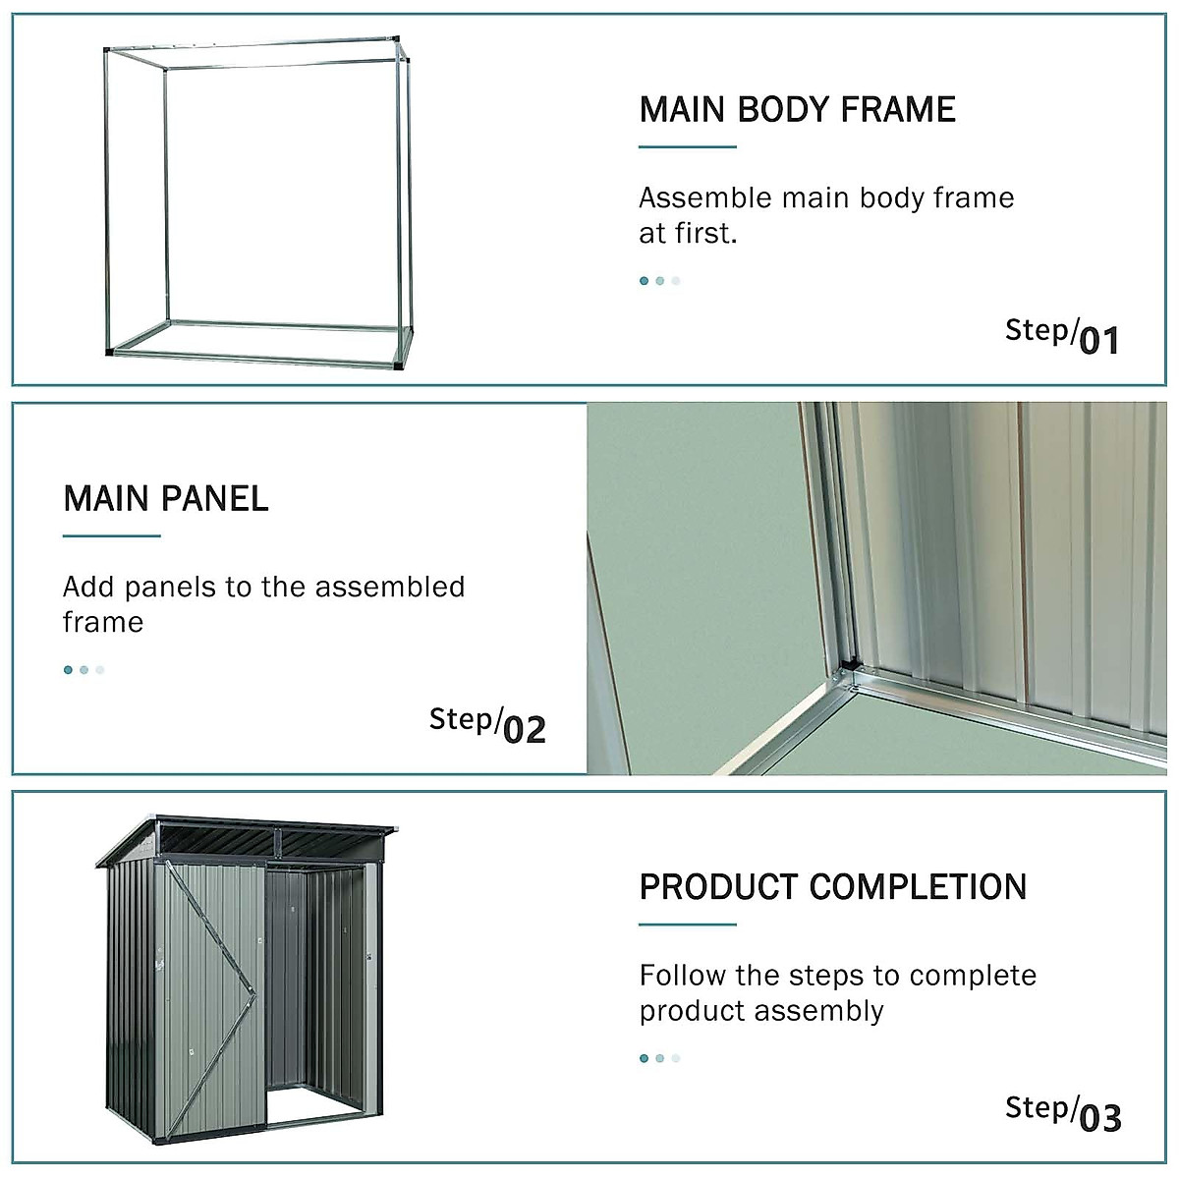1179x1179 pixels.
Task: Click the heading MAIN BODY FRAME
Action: click(x=797, y=109)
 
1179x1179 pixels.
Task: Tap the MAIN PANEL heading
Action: click(x=165, y=498)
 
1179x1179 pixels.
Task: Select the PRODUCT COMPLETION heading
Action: click(x=832, y=887)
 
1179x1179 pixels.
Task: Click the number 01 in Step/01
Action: click(x=1099, y=341)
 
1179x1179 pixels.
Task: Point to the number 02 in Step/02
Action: click(x=524, y=730)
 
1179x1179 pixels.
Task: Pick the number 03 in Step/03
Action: click(x=1099, y=1118)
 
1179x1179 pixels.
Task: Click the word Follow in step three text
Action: click(x=683, y=976)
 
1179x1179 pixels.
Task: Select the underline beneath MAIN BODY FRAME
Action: click(x=687, y=147)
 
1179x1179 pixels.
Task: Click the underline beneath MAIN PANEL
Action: click(x=111, y=536)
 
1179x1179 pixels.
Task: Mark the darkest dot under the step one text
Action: click(x=644, y=281)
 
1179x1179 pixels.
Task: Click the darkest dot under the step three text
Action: click(x=644, y=1058)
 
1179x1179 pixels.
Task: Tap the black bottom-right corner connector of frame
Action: click(x=399, y=365)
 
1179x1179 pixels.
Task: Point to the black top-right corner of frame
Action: click(x=398, y=40)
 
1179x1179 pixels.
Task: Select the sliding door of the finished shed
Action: click(x=211, y=992)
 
